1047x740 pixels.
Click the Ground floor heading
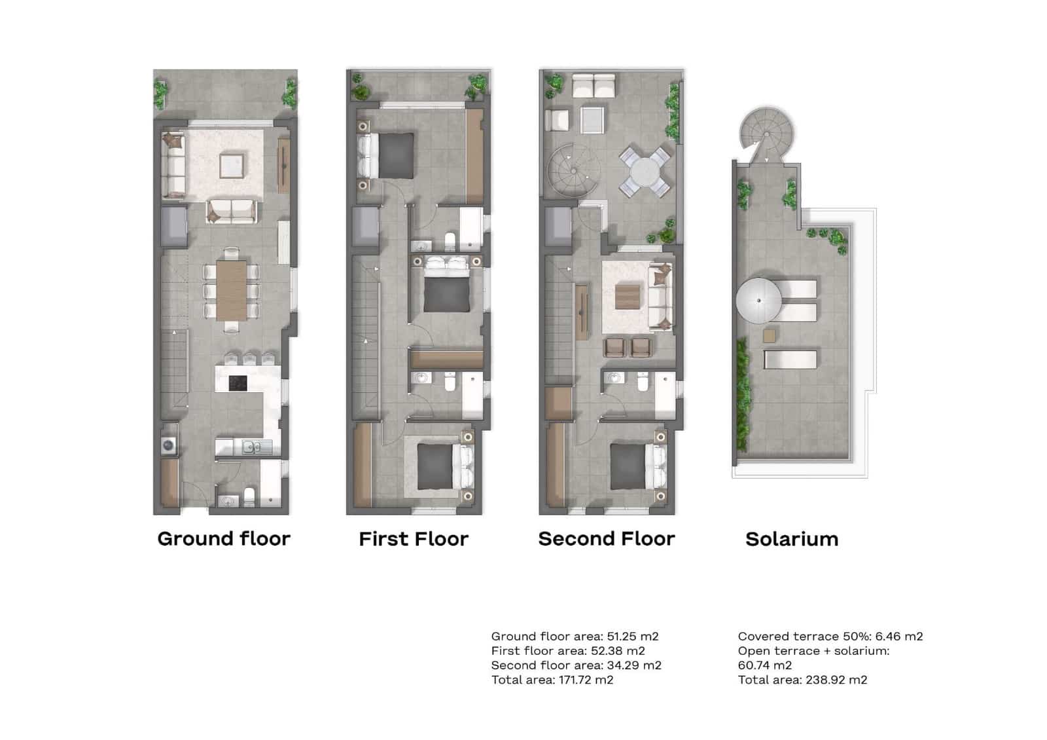[224, 539]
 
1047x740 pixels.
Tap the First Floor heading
[414, 539]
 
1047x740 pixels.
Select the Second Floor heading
[606, 539]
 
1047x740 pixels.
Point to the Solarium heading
[792, 539]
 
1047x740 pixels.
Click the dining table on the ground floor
[232, 290]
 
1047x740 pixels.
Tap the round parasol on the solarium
[759, 301]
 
